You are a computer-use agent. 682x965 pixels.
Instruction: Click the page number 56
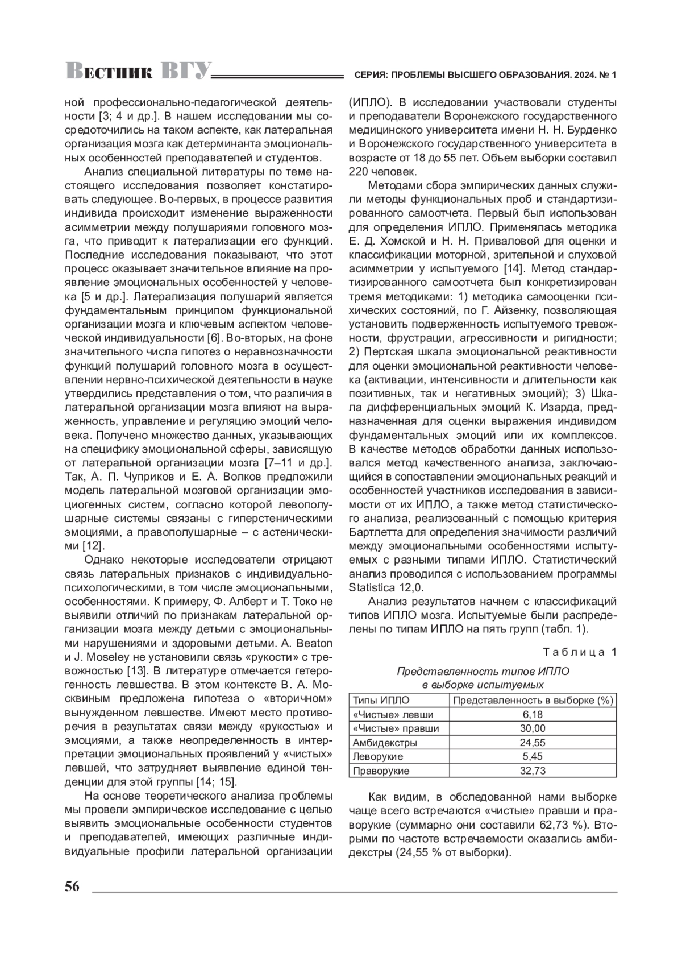72,887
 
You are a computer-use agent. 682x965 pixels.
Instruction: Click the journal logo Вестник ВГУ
138,72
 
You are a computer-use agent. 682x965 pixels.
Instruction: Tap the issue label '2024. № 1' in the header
594,75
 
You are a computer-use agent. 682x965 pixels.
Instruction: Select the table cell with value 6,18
533,715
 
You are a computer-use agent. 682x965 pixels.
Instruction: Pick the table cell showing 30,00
533,729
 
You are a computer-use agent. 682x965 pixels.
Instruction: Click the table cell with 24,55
533,743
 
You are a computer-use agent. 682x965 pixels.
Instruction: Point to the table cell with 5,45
533,757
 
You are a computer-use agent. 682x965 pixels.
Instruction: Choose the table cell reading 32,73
533,771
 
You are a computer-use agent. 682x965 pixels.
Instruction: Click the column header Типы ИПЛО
381,701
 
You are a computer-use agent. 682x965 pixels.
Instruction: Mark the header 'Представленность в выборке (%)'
533,701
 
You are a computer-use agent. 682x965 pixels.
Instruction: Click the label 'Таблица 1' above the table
579,652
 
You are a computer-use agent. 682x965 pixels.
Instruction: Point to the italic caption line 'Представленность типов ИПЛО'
483,672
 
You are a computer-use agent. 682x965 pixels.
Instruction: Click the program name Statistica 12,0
386,587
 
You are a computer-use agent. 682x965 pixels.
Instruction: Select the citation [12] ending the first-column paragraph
92,546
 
